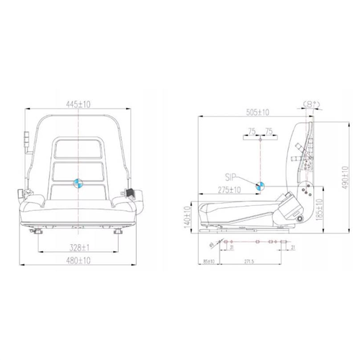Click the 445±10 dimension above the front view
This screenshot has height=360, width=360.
[77, 104]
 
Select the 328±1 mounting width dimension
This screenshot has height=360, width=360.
[77, 247]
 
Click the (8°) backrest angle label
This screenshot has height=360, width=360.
[312, 104]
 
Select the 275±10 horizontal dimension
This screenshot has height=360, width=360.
[229, 190]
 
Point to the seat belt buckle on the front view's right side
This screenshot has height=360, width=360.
[131, 193]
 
